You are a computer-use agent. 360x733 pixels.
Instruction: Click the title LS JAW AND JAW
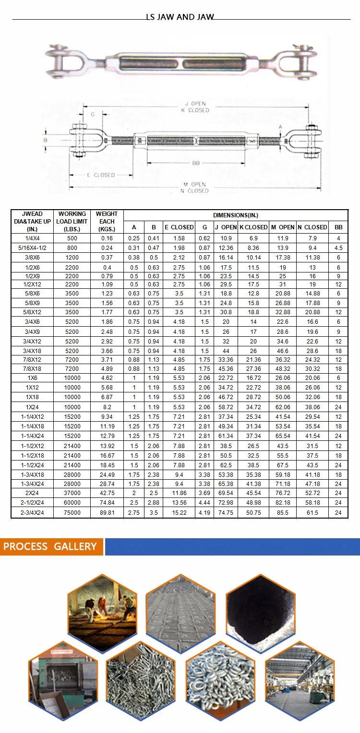pos(180,17)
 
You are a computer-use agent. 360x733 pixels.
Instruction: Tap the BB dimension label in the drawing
pos(196,164)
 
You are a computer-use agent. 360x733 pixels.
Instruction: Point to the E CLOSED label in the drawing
pos(101,175)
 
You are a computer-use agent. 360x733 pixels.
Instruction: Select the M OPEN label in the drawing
pos(195,184)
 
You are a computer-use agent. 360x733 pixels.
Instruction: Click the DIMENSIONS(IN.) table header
pos(236,215)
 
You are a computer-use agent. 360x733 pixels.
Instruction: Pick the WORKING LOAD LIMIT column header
pos(72,221)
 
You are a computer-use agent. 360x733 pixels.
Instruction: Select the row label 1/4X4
pos(34,238)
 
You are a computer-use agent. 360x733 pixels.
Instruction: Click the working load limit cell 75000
pos(72,513)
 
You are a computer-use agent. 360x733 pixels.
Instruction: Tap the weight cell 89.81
pos(107,513)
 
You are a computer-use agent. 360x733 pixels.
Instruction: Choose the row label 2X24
pos(34,493)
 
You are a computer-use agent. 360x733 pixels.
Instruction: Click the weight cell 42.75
pos(107,493)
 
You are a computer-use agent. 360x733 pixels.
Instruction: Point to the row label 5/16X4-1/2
pos(34,248)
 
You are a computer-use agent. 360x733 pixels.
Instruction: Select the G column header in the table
pos(205,227)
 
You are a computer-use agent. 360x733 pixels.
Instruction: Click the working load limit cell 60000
pos(72,503)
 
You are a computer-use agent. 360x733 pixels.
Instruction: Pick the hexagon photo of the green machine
pos(63,680)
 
